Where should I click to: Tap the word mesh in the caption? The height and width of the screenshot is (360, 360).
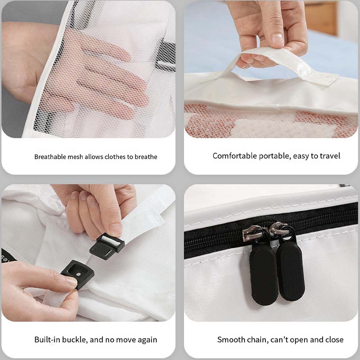coord(75,157)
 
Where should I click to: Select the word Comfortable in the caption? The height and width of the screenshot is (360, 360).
coord(235,156)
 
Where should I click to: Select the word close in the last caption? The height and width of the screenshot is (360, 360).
coord(334,339)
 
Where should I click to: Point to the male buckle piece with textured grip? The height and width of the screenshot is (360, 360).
coord(107,246)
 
